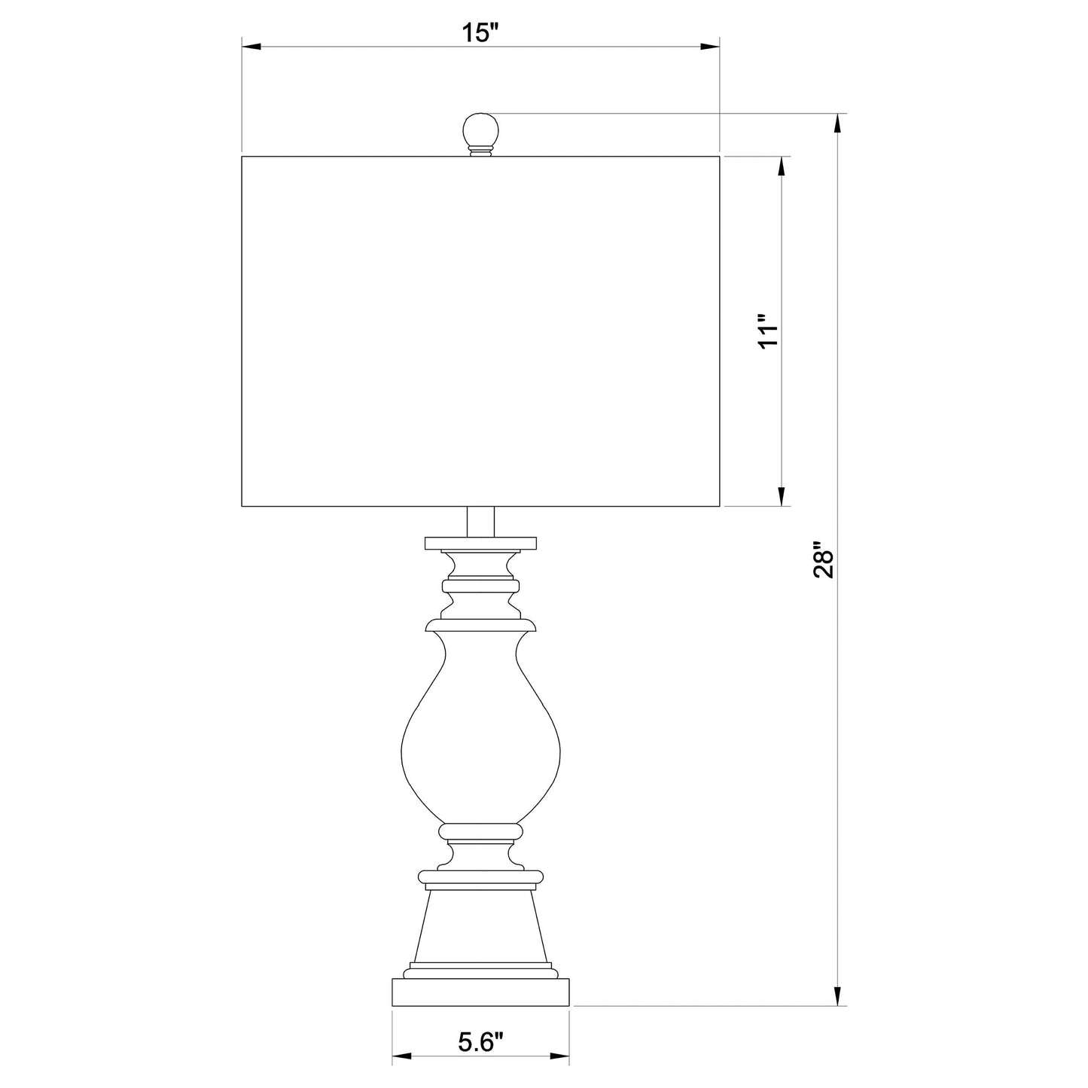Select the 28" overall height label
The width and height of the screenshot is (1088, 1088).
click(x=824, y=560)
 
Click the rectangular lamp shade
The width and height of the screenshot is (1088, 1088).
click(x=481, y=331)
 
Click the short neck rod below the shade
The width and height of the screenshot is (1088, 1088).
click(x=481, y=522)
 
